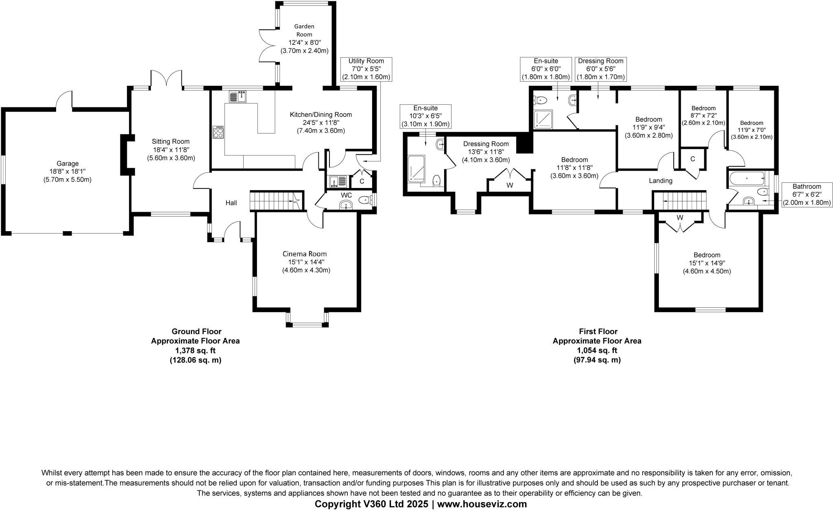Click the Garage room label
coord(68,164)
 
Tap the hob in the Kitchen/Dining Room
coord(218,132)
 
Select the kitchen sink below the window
coord(238,97)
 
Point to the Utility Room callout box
coord(366,69)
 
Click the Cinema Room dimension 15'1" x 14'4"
coord(306,262)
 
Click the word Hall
coord(231,203)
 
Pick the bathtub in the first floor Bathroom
coord(747,178)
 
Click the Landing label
coord(661,181)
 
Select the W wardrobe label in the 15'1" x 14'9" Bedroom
coord(680,218)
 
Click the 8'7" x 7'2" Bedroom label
coord(703,108)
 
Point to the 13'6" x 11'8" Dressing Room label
coord(486,144)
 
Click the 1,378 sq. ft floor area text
coord(195,350)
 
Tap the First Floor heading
coord(598,332)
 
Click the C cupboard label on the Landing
coord(693,159)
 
